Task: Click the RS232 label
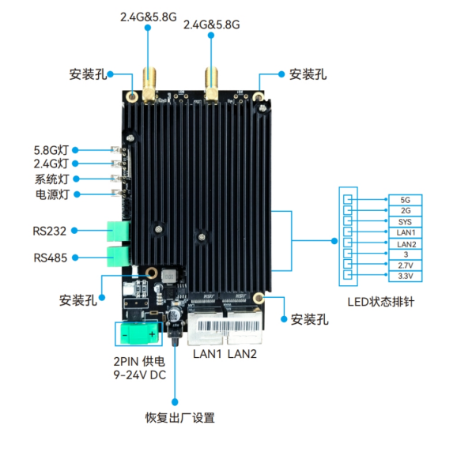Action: [49, 231]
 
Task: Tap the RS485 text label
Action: [51, 258]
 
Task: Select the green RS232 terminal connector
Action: [118, 231]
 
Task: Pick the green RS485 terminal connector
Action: [118, 257]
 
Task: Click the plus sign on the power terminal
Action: [152, 334]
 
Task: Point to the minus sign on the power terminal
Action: [125, 335]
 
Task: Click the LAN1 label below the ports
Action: [207, 354]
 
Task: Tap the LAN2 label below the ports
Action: [242, 354]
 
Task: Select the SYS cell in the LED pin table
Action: [405, 222]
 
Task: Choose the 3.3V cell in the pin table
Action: [405, 276]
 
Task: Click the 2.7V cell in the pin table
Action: [405, 265]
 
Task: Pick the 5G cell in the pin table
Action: [405, 200]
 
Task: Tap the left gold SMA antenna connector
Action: [149, 85]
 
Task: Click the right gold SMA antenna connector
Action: [212, 85]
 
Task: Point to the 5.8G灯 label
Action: [51, 150]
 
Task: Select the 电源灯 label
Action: [52, 194]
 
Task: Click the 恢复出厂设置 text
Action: [180, 418]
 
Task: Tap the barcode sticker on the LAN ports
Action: [228, 326]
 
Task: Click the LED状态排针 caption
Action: [381, 302]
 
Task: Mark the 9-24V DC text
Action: [139, 375]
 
